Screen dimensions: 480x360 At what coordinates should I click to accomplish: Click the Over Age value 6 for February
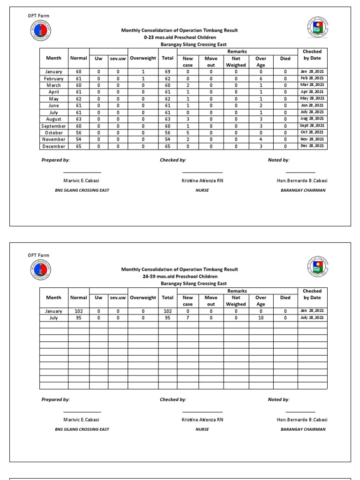(261, 79)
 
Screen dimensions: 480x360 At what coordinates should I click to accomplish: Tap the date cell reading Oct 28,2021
(312, 133)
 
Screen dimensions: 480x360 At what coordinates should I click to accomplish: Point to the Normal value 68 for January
(78, 72)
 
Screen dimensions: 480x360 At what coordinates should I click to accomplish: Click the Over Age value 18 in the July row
(261, 318)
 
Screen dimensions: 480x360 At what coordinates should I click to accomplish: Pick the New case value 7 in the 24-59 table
(187, 318)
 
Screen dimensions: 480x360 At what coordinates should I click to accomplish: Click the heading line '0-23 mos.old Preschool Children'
(180, 37)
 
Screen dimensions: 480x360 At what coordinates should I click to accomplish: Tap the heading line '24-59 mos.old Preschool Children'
(180, 277)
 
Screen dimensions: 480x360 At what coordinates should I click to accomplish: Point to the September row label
(54, 126)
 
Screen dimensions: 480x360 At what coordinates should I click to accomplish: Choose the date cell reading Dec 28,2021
(312, 146)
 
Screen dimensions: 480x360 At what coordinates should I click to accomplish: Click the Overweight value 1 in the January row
(143, 72)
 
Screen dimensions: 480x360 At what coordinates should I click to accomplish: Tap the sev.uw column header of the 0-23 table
(118, 59)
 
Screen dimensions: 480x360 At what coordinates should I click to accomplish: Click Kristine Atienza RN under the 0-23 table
(202, 180)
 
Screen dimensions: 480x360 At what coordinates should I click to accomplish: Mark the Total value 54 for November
(167, 140)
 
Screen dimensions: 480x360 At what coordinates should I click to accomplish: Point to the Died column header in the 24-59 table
(285, 298)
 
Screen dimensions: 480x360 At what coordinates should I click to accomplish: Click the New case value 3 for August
(187, 119)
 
